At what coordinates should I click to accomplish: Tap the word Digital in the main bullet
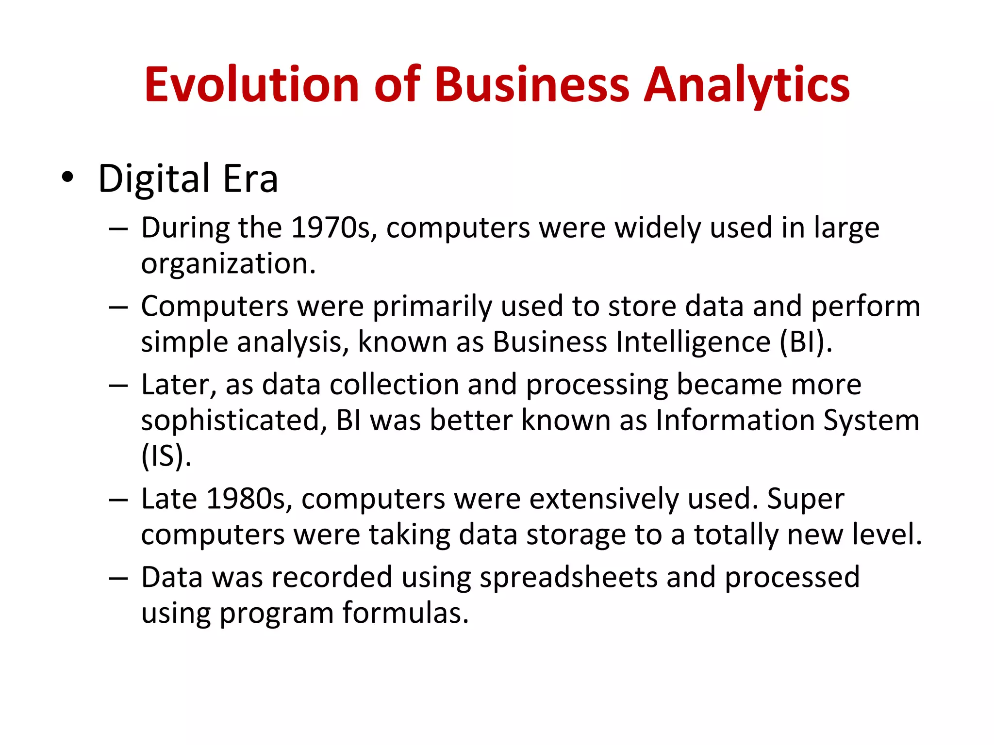pyautogui.click(x=154, y=178)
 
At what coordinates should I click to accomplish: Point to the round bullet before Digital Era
pyautogui.click(x=67, y=178)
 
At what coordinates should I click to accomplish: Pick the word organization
pyautogui.click(x=228, y=264)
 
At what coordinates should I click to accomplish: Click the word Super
pyautogui.click(x=805, y=500)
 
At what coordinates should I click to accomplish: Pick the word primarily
pyautogui.click(x=432, y=307)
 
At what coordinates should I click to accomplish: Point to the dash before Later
pyautogui.click(x=118, y=386)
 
